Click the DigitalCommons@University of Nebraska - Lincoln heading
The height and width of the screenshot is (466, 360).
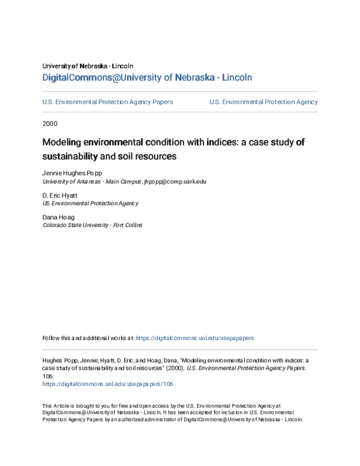coord(147,77)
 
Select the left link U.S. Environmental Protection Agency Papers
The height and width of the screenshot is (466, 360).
coord(107,102)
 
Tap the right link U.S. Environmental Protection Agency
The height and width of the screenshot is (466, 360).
coord(263,102)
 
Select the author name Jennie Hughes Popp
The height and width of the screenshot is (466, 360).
coord(68,172)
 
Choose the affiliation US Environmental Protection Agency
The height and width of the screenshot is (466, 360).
coord(90,204)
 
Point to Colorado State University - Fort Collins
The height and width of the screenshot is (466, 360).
coord(92,225)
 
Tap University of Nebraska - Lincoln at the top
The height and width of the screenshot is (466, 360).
coord(88,65)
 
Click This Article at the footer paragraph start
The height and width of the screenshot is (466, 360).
coord(58,406)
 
